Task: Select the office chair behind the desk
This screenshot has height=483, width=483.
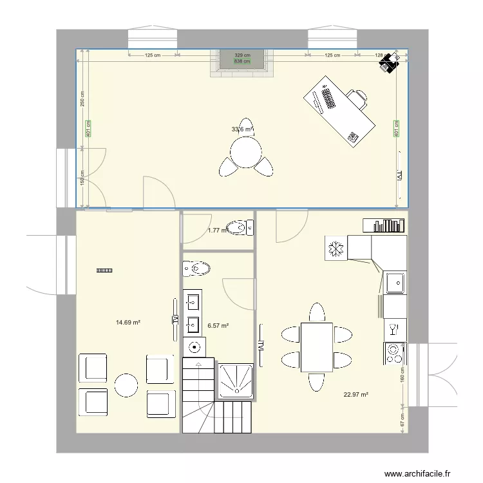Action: click(358, 98)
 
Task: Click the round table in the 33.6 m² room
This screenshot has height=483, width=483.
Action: click(246, 152)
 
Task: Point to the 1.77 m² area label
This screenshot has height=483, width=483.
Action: click(216, 231)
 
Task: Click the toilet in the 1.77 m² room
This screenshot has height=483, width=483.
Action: click(243, 227)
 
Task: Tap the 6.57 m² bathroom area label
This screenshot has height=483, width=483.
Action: click(218, 326)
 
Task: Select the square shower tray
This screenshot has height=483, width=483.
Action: click(236, 381)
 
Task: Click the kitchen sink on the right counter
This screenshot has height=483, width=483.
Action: click(395, 281)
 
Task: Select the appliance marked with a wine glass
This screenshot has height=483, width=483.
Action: click(394, 330)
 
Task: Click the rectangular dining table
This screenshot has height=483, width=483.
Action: click(316, 347)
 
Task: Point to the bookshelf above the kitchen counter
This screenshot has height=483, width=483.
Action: click(384, 225)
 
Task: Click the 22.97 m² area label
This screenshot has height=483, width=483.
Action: click(355, 394)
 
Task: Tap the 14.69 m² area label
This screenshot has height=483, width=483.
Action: click(128, 322)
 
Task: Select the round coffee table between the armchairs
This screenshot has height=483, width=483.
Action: click(126, 385)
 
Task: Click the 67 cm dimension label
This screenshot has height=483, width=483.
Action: click(403, 421)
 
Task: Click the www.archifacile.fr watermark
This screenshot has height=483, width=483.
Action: click(418, 473)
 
